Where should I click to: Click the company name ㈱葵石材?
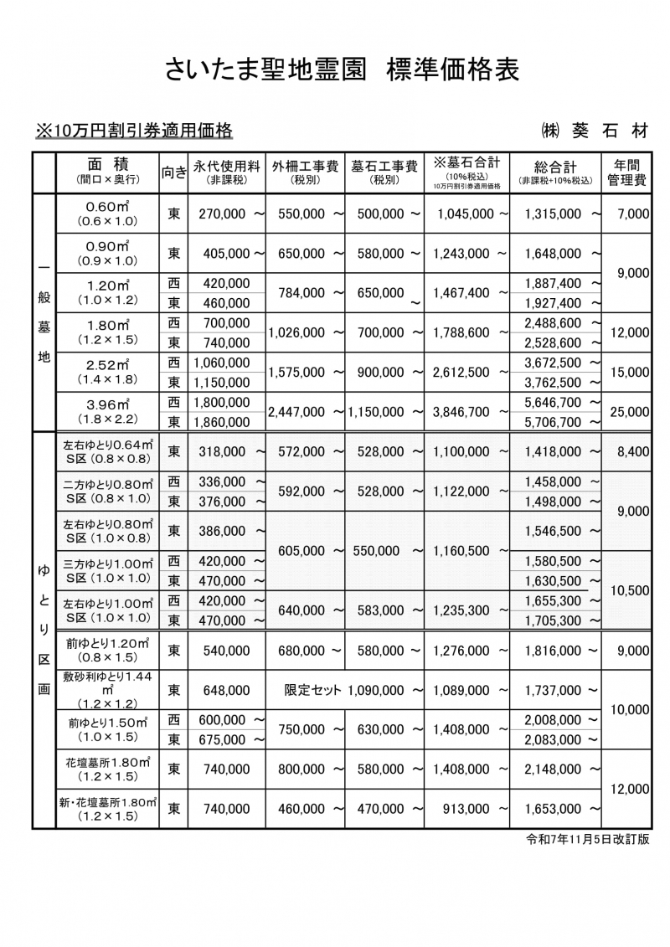594,131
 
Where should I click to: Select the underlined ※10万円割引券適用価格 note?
133,131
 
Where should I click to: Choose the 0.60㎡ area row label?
107,214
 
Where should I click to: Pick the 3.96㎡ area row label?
107,411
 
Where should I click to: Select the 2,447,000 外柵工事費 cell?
298,412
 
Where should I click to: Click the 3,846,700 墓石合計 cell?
461,412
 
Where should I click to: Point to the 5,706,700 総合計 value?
552,422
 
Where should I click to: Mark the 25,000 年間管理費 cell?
630,412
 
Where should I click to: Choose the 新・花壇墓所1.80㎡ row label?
107,809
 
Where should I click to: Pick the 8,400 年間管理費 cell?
632,451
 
